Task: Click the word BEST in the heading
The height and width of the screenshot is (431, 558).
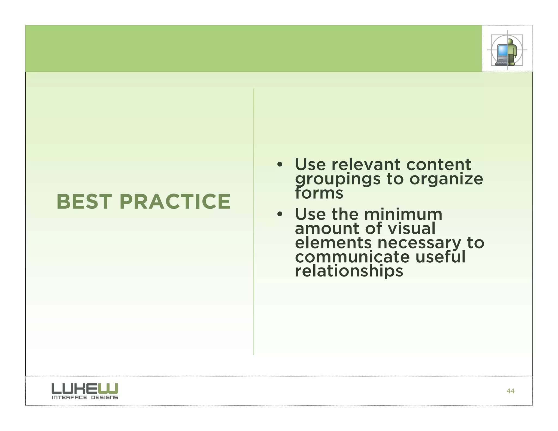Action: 84,202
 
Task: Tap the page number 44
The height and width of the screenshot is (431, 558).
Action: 510,391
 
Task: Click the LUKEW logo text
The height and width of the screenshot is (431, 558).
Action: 85,388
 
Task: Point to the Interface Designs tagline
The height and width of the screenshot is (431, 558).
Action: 85,397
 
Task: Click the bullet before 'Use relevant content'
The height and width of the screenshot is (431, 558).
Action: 279,165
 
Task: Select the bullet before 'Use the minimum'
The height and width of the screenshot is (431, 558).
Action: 279,214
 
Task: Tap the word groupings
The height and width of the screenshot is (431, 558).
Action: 338,179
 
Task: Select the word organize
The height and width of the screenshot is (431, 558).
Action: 446,179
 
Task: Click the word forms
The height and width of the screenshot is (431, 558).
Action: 319,193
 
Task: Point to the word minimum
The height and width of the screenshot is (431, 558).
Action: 403,214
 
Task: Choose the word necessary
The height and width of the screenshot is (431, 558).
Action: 419,243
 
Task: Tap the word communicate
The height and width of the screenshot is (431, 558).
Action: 352,257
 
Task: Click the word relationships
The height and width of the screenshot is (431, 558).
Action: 349,271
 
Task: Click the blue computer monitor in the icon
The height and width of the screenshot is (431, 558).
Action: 502,50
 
